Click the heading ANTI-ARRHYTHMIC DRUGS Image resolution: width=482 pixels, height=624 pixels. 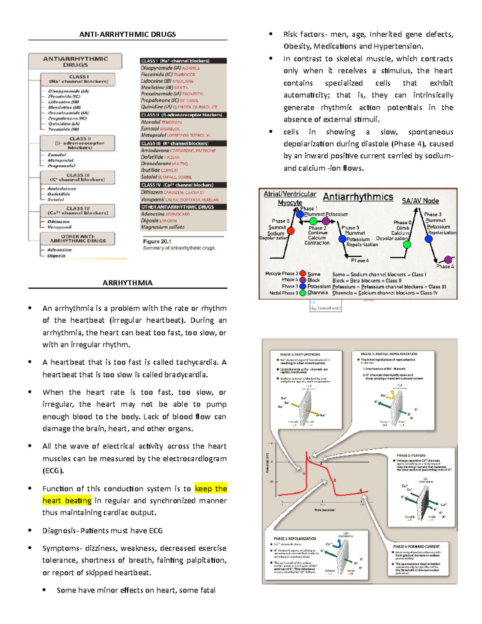tap(127, 34)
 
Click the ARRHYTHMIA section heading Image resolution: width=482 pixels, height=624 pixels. tap(127, 283)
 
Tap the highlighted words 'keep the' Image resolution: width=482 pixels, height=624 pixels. tap(211, 489)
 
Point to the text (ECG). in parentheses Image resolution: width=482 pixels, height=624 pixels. tap(53, 471)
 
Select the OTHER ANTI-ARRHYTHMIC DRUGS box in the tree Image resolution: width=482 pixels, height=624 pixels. tap(78, 239)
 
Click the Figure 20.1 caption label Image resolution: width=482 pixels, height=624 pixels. tap(157, 241)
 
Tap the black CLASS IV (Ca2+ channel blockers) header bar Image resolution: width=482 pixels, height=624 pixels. tap(183, 185)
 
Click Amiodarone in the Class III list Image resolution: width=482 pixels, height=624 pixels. tap(155, 150)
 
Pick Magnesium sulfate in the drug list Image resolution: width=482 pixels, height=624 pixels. tap(163, 227)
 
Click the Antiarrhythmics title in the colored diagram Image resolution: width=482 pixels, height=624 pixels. tap(358, 196)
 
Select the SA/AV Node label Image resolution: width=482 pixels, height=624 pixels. tap(420, 200)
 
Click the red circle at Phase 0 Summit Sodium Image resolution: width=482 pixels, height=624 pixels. tap(291, 231)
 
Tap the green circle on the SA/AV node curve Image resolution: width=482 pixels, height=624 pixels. tap(407, 244)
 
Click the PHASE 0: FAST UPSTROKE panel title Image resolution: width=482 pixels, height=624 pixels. tap(300, 355)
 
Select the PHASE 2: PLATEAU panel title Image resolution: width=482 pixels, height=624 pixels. tap(411, 456)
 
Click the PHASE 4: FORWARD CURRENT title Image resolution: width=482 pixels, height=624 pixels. tap(416, 546)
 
